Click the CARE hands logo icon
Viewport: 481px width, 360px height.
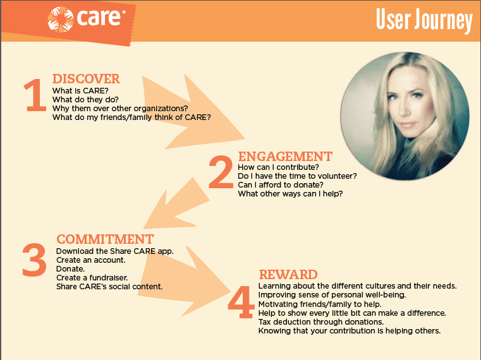(x=61, y=19)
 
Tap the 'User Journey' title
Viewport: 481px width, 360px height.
(x=424, y=20)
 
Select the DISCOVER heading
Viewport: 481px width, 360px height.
(x=86, y=79)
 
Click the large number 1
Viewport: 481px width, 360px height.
(x=35, y=95)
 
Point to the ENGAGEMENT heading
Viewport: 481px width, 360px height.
(x=285, y=157)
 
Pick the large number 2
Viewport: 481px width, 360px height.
(x=221, y=172)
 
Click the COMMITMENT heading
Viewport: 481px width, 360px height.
(x=105, y=239)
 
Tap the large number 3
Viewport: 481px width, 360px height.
(x=34, y=260)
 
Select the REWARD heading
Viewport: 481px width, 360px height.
(x=288, y=275)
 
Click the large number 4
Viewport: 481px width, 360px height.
(x=241, y=302)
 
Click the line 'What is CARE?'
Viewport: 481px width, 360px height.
(x=80, y=91)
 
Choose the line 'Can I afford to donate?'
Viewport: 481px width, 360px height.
(x=281, y=185)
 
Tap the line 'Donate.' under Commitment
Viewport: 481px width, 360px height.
(x=70, y=269)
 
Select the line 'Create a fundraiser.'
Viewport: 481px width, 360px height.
(x=92, y=278)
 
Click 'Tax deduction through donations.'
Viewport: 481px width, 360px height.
(x=321, y=322)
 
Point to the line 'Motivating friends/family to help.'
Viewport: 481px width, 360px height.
(x=320, y=304)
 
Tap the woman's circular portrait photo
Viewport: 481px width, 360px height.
(x=405, y=116)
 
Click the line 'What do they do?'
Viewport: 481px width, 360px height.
(x=85, y=100)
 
